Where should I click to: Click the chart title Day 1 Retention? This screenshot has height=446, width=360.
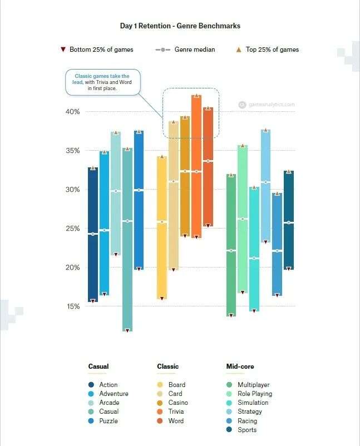[180, 26]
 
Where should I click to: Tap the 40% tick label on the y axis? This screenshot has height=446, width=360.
[73, 112]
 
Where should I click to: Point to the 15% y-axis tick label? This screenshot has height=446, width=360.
[73, 306]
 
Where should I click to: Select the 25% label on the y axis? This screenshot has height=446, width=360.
[73, 229]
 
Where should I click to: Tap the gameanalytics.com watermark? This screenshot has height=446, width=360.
[270, 104]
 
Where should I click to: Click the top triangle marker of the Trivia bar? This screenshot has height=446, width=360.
[196, 96]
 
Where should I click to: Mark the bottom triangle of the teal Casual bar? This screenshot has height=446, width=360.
[127, 330]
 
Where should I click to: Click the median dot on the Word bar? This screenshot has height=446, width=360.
[208, 161]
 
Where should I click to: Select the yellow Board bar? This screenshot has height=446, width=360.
[162, 228]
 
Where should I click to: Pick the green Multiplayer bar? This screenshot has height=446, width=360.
[231, 245]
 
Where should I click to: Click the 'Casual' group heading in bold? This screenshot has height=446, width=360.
[98, 366]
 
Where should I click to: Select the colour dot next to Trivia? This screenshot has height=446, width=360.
[160, 412]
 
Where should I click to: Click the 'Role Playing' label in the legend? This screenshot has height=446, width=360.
[255, 394]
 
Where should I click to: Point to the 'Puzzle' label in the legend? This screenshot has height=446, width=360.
[109, 421]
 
